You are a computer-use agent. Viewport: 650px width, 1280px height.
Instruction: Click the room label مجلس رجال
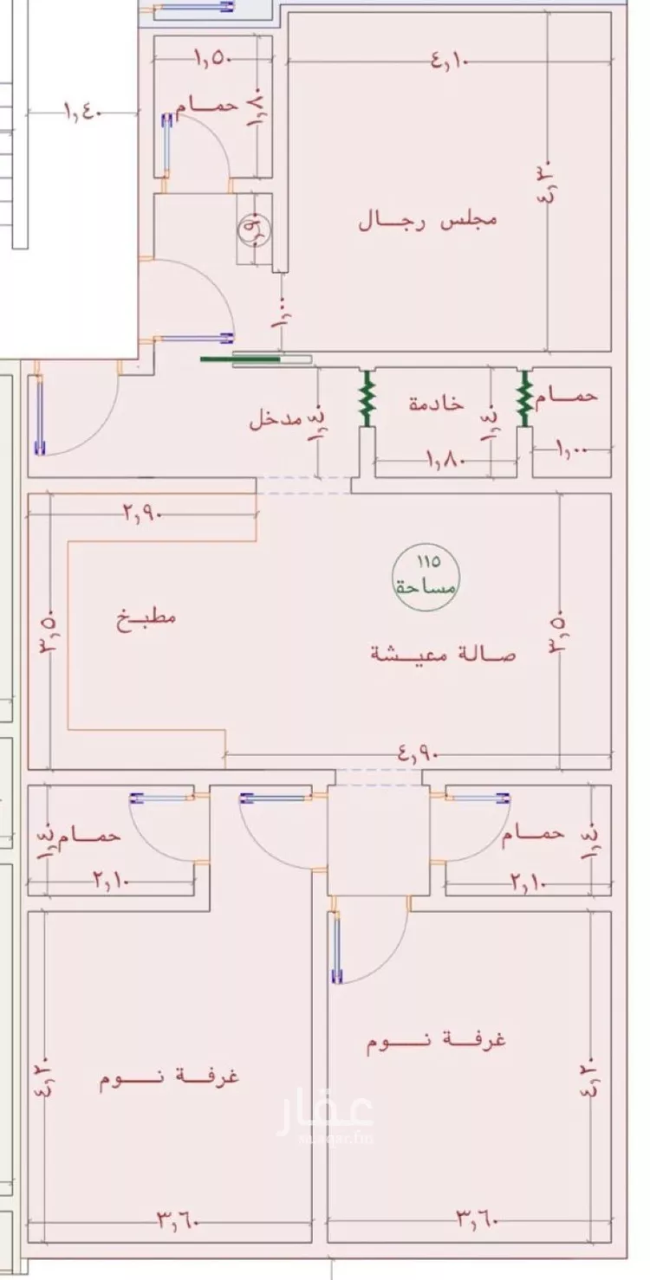tap(428, 219)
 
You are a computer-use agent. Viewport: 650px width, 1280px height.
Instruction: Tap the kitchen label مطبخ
tap(147, 618)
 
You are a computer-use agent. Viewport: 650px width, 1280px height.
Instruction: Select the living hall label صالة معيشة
tap(443, 654)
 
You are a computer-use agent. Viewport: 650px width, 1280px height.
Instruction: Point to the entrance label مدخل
tap(276, 421)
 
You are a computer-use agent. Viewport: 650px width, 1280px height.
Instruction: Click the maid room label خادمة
tap(436, 404)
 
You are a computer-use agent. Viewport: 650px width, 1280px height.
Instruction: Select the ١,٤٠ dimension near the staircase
tap(84, 112)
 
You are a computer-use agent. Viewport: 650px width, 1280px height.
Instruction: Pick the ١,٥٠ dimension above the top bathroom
tap(209, 60)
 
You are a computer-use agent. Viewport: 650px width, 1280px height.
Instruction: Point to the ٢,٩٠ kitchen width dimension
tap(142, 514)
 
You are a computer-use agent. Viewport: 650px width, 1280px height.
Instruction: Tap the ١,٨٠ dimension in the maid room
tap(446, 461)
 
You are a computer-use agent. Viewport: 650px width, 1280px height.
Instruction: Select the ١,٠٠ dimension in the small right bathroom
tap(569, 449)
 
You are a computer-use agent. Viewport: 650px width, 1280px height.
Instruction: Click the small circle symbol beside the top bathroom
tap(255, 229)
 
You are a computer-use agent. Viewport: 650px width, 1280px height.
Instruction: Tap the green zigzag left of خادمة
tap(367, 398)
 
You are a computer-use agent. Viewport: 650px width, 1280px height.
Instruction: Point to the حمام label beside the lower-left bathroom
tap(88, 836)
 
